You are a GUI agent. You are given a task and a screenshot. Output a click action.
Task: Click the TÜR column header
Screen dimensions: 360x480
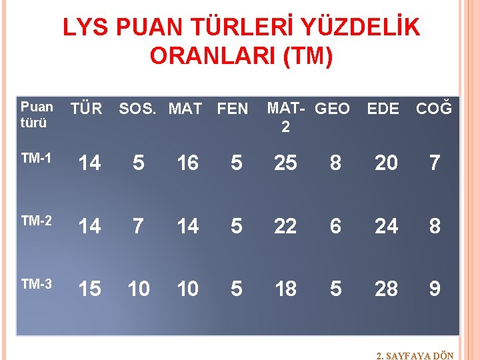tap(87, 109)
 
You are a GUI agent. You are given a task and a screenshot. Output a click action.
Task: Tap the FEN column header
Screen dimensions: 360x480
tap(233, 109)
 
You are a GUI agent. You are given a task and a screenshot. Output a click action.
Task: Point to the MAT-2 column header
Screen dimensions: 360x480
tap(285, 117)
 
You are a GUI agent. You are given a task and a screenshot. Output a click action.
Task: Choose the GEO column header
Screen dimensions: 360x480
tap(331, 109)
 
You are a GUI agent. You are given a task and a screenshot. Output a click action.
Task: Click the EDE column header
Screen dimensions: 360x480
tap(383, 109)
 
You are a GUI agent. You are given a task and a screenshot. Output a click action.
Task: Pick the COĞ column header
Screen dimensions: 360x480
tap(434, 109)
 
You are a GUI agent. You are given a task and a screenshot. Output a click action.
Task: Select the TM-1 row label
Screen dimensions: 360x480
tap(36, 158)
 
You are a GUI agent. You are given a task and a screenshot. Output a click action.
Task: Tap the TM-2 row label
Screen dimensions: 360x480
tap(36, 221)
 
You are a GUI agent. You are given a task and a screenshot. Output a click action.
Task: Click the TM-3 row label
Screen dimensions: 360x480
tap(36, 284)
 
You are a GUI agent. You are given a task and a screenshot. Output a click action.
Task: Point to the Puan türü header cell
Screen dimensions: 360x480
tap(37, 115)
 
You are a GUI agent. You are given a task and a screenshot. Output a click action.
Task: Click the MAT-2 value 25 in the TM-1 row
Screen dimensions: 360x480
tap(285, 163)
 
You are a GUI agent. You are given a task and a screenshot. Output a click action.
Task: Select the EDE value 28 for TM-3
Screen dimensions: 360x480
tap(386, 289)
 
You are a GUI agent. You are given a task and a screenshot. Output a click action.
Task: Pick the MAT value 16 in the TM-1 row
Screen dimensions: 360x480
tap(187, 163)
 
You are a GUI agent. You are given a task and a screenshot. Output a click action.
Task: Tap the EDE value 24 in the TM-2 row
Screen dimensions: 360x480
tap(386, 226)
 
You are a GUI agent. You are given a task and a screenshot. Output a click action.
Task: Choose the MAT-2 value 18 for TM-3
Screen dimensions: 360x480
tap(285, 289)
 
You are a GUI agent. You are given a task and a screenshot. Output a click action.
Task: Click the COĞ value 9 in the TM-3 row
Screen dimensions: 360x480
tap(435, 289)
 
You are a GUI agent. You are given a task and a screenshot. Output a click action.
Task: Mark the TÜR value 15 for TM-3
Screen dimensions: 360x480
tap(89, 289)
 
